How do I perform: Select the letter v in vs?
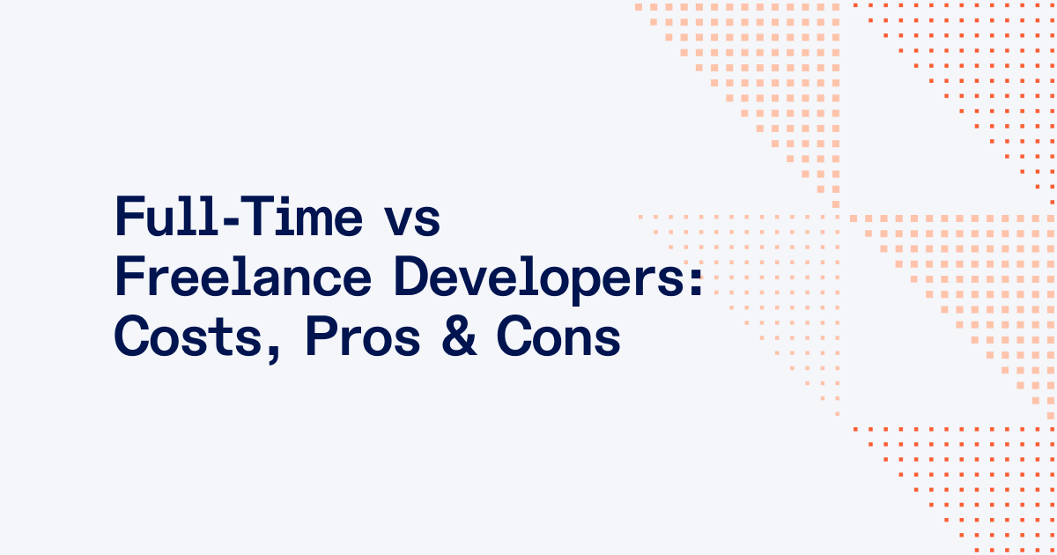(398, 223)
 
